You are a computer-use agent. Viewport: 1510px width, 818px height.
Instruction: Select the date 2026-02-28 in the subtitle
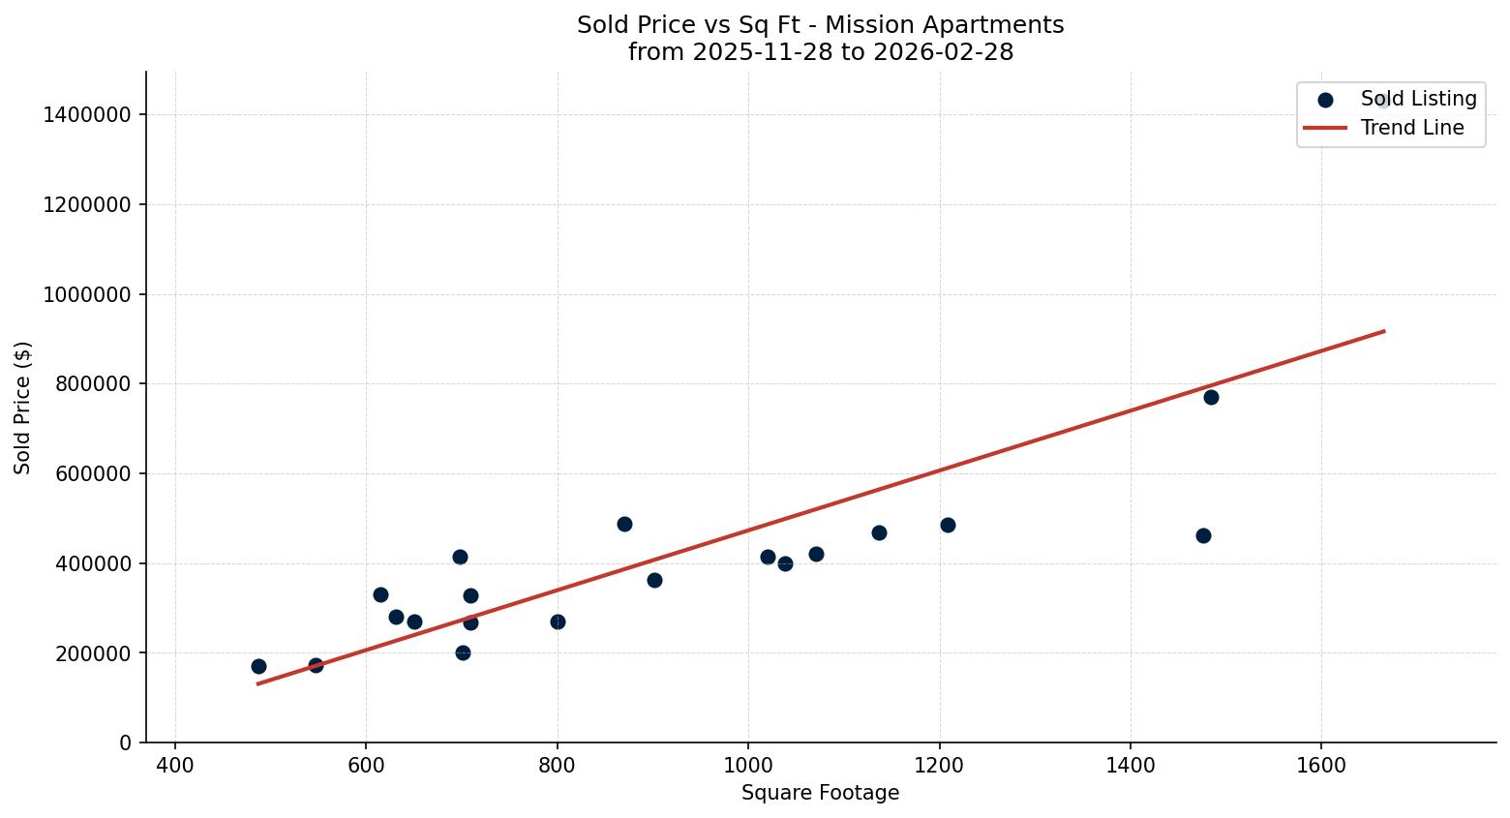click(943, 52)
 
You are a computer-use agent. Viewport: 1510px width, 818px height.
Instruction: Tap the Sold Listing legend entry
click(1418, 99)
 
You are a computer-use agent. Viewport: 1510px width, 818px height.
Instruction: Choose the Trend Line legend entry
click(1411, 128)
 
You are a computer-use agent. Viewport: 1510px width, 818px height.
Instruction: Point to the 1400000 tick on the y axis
click(87, 115)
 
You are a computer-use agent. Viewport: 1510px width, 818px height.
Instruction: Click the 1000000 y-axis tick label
click(87, 294)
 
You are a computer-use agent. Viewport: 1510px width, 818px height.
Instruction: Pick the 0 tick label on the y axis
click(126, 742)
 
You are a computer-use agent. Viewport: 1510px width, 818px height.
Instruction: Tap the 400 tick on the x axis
click(175, 766)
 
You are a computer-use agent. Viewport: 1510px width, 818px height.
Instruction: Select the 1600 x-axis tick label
click(1321, 766)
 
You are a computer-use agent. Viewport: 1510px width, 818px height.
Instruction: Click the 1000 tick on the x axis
click(748, 766)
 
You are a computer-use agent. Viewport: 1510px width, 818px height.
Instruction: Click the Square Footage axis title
click(820, 794)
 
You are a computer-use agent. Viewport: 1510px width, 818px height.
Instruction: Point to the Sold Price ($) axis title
click(23, 408)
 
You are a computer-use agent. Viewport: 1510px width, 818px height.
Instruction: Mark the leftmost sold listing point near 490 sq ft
click(258, 666)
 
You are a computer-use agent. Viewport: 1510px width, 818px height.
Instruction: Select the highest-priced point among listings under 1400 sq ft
click(624, 524)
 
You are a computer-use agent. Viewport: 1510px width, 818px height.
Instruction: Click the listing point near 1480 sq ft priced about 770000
click(1211, 397)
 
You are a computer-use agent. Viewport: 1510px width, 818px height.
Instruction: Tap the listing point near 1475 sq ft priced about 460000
click(1203, 535)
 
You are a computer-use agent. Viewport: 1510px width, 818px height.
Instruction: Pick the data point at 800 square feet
click(558, 621)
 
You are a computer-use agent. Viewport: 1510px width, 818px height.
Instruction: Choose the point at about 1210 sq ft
click(948, 525)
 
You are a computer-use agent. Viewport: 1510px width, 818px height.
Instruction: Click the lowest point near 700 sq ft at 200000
click(463, 652)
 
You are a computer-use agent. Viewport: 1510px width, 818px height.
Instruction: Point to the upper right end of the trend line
click(1384, 331)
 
